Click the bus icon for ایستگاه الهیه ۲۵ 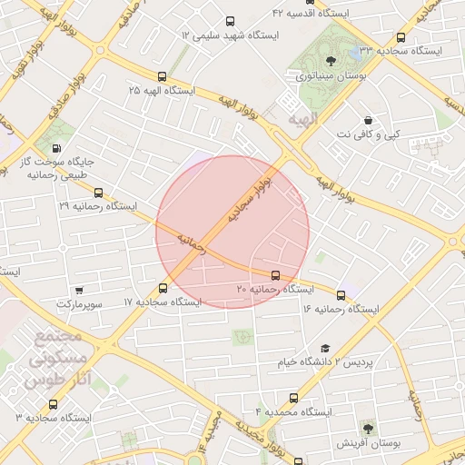point(162,77)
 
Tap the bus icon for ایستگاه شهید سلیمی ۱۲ point(228,21)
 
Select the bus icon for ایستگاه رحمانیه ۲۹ point(98,193)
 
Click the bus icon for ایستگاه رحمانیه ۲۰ point(275,274)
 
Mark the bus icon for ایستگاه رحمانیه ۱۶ point(341,295)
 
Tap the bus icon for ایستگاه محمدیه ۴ point(293,398)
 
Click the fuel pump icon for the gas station point(58,148)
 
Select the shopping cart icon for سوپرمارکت point(80,291)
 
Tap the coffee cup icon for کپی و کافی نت point(368,121)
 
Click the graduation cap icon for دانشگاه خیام point(325,349)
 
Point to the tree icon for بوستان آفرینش point(368,428)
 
